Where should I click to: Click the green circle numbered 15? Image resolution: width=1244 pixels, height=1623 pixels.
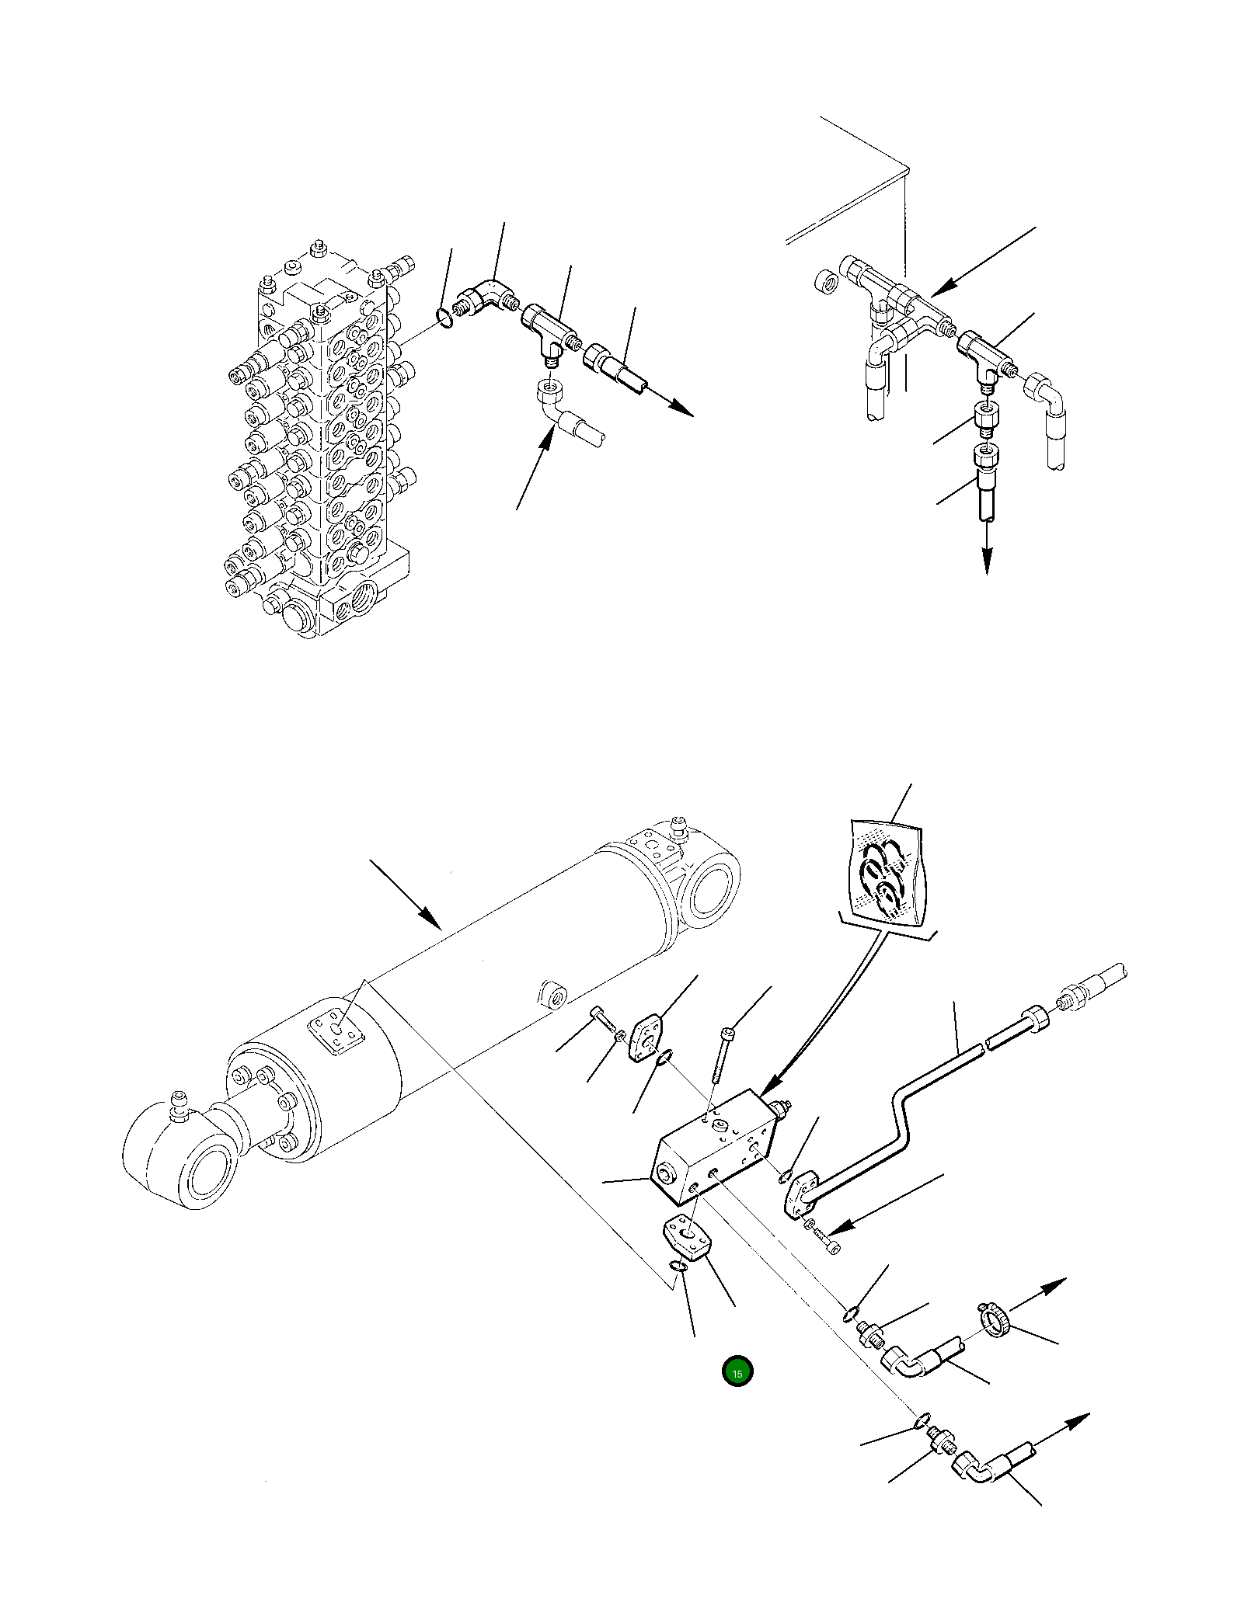point(737,1372)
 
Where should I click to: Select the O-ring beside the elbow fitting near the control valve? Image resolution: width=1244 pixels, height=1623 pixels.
point(444,318)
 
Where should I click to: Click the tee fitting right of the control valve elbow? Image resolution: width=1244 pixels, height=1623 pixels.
point(548,326)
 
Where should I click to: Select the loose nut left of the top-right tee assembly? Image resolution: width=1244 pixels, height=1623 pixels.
point(825,283)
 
